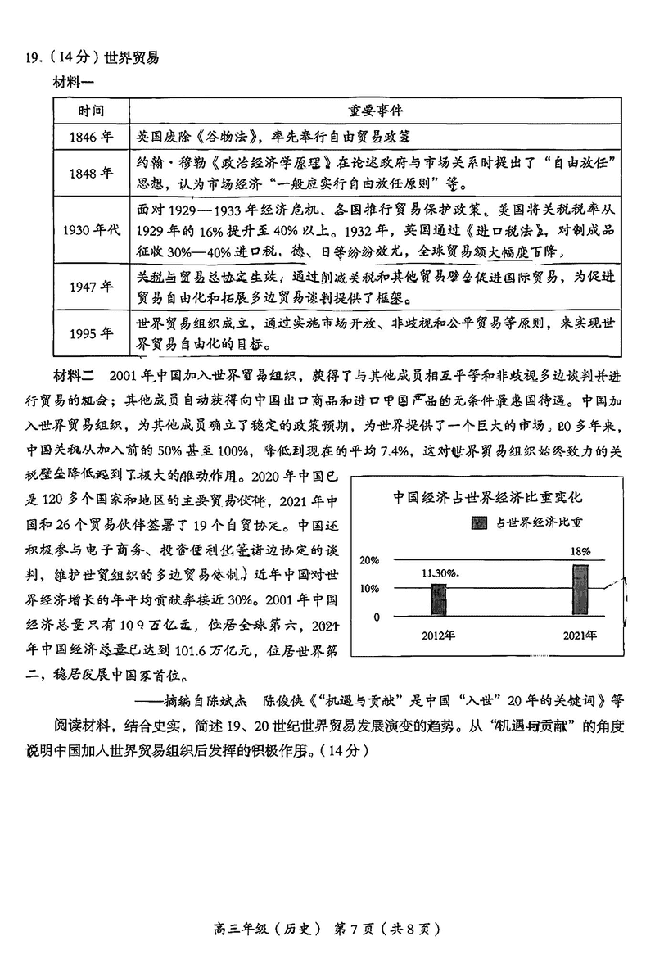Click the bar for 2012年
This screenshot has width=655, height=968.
pos(438,598)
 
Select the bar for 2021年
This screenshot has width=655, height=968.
pos(580,586)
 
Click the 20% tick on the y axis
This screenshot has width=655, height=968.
pos(369,561)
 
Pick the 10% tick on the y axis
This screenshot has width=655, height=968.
pos(369,589)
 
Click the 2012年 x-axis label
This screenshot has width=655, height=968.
pos(439,635)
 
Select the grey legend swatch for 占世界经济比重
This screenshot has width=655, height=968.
pos(478,522)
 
